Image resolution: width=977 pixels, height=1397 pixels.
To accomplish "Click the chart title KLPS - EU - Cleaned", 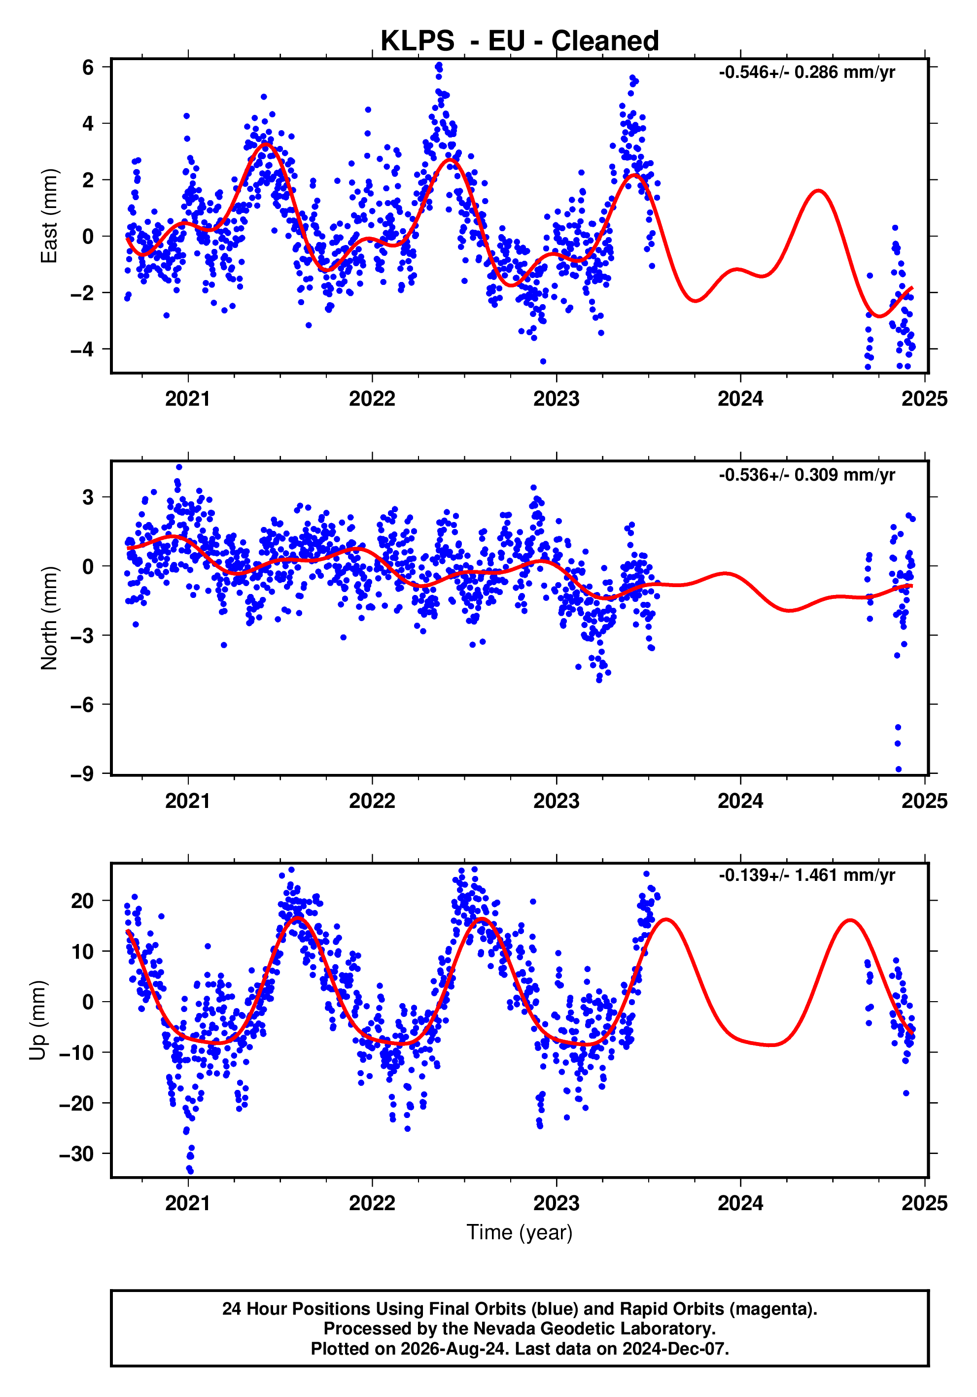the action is (520, 41).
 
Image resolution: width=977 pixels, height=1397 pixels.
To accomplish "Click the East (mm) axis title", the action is (49, 216).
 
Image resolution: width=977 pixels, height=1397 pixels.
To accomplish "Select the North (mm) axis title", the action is (49, 618).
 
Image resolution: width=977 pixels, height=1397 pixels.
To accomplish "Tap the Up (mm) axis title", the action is (38, 1020).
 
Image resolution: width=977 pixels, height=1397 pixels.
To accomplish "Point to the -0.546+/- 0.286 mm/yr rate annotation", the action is (806, 72).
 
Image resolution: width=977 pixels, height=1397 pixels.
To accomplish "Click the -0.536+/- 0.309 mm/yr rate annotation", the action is (806, 475).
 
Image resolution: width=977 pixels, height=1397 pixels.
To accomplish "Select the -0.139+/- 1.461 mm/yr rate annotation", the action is (806, 875).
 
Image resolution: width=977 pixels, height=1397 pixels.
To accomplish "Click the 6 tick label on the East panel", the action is (88, 67).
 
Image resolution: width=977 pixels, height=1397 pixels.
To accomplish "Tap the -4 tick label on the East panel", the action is (82, 349).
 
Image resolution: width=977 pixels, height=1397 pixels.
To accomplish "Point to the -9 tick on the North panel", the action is (82, 773).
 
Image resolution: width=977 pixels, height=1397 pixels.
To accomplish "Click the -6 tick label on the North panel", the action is (82, 704).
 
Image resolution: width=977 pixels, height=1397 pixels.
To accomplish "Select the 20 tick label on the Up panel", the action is (83, 901).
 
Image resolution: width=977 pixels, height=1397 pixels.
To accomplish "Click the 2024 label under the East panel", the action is (740, 399).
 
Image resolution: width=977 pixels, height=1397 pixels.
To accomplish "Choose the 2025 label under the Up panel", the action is (925, 1203).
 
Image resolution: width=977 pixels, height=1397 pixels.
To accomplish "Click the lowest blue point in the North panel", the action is (899, 769).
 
